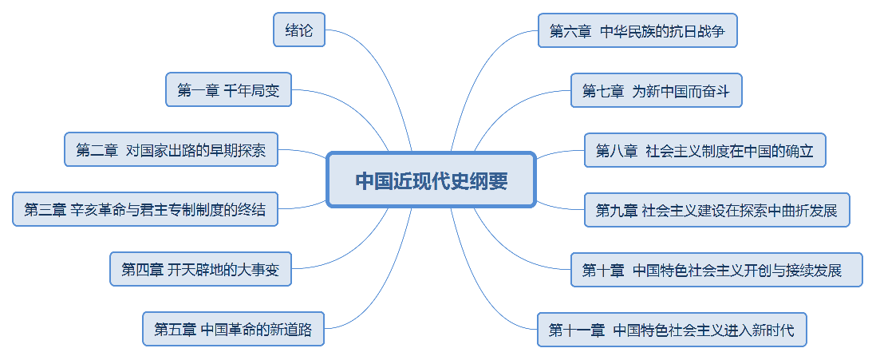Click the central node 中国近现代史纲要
coord(431,180)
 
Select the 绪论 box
coord(299,30)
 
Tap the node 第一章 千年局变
coord(228,89)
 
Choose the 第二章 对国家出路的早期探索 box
coord(171,149)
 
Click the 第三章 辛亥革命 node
coord(144,209)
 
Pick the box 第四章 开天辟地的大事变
coord(200,269)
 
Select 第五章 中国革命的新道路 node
coord(233,329)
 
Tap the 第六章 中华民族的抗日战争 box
coord(637,30)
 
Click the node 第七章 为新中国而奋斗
coord(656,90)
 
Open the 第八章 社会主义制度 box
coord(704,150)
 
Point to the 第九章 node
coord(716,210)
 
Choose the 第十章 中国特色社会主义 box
coord(716,270)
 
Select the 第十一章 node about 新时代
coord(671,330)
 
